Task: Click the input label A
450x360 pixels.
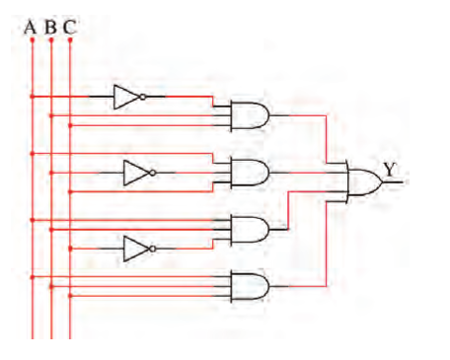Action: [30, 28]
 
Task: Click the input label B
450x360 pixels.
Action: [50, 28]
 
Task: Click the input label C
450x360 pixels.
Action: [69, 28]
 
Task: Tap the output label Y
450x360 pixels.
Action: [390, 170]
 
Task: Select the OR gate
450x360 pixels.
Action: [364, 181]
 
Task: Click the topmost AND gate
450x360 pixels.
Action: [250, 115]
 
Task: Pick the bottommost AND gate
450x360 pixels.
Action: [250, 286]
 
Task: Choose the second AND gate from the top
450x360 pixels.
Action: [250, 173]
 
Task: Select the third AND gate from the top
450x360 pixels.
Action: [250, 230]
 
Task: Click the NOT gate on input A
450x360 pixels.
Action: [129, 97]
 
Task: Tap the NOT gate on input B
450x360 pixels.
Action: [139, 173]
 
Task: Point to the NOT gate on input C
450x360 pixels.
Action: [139, 249]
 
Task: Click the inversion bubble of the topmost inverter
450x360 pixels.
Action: [143, 97]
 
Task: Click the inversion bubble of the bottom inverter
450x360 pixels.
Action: [153, 249]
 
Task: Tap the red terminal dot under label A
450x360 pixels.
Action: [33, 39]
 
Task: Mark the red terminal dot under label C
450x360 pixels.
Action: [70, 39]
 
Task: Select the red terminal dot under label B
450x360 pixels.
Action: [51, 39]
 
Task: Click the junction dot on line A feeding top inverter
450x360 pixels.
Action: [33, 97]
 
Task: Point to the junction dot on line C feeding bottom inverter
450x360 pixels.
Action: [70, 249]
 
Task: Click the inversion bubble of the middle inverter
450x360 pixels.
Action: [153, 173]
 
